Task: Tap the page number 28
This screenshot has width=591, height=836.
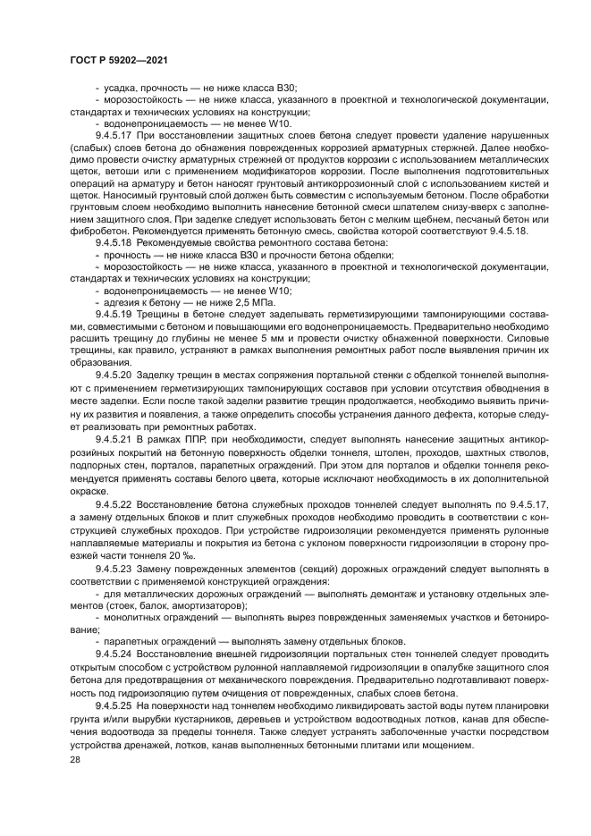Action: pos(74,759)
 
